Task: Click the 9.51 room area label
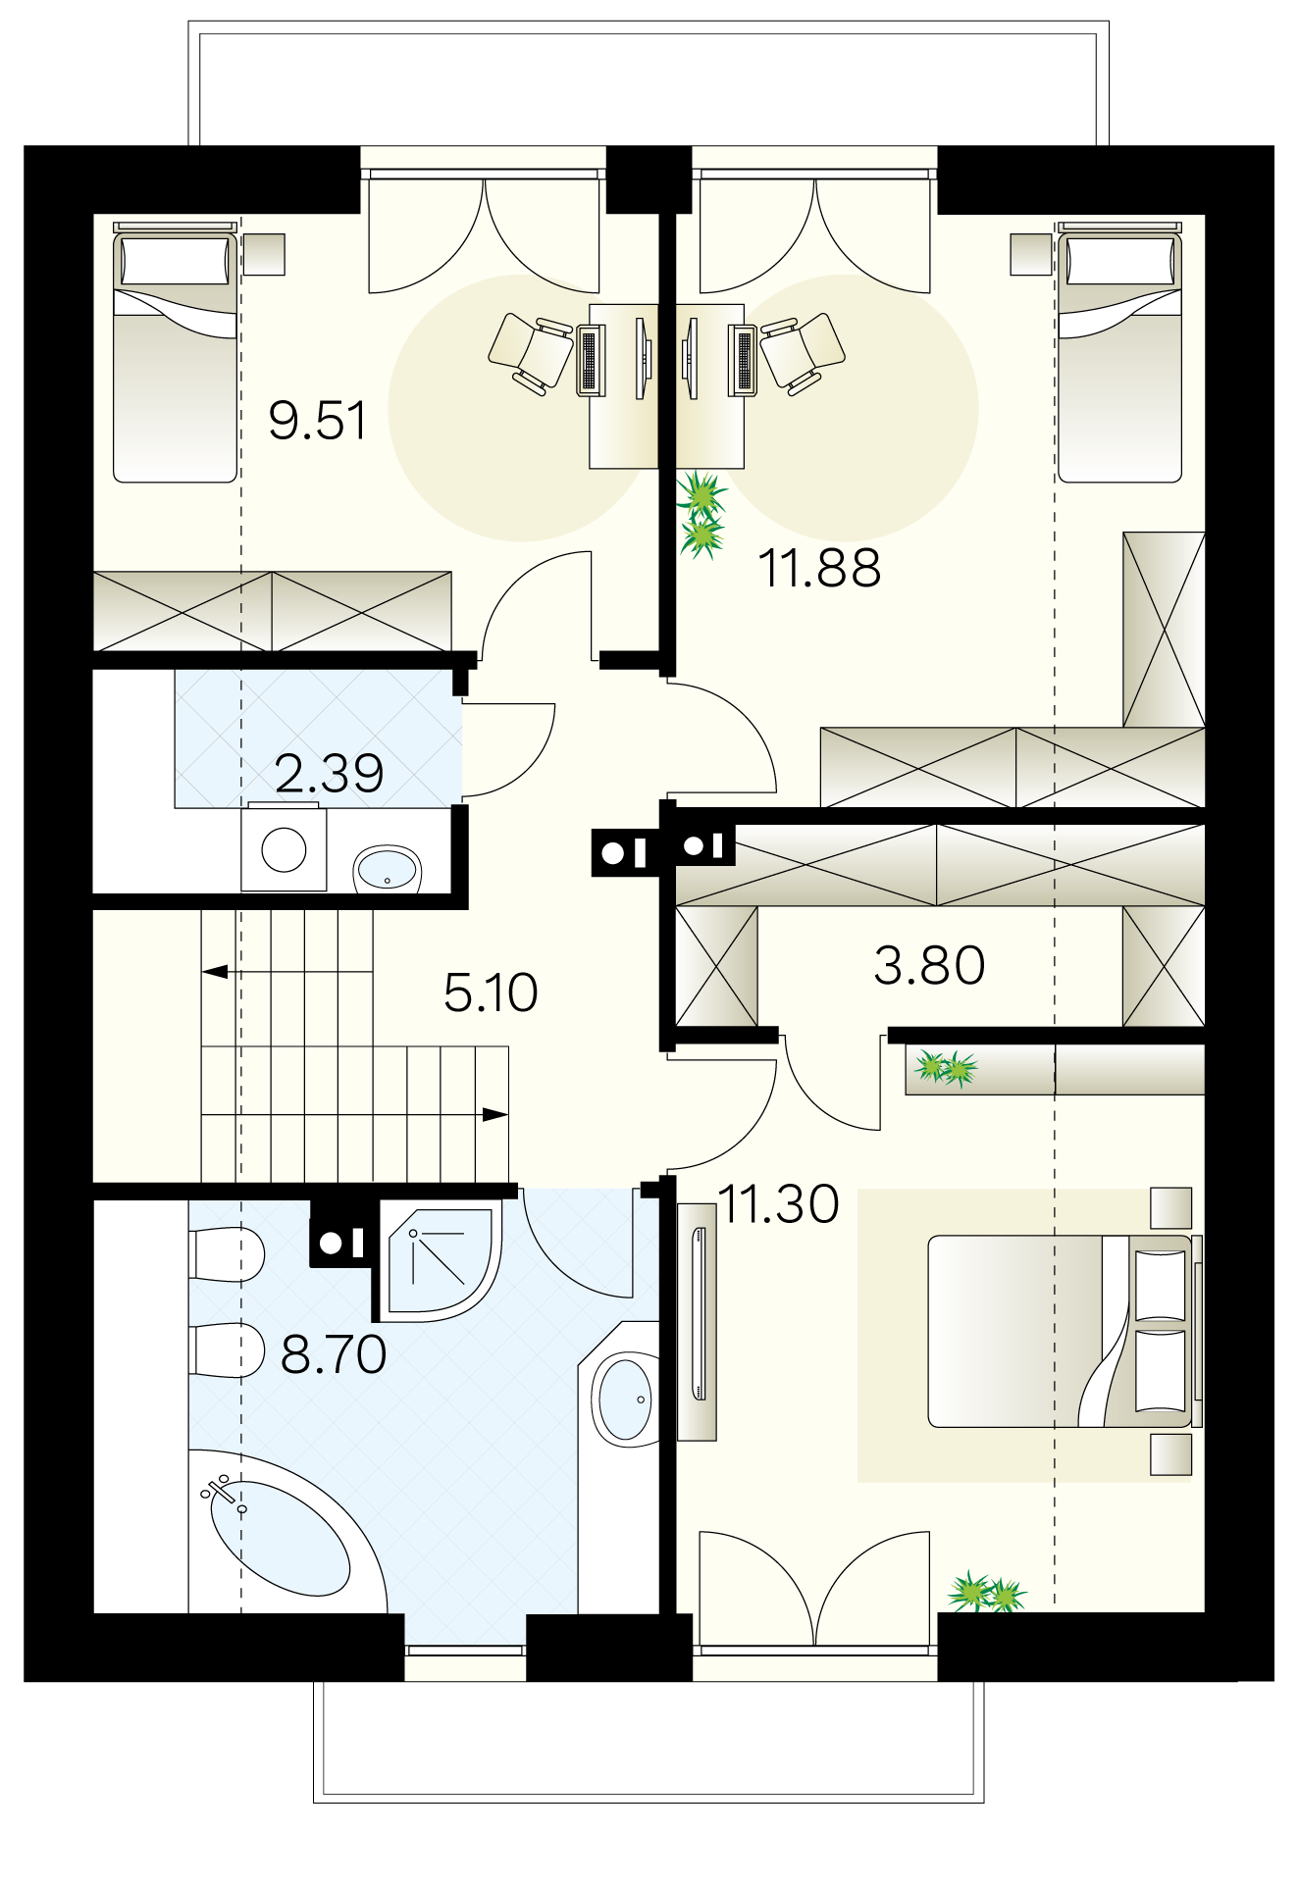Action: point(317,421)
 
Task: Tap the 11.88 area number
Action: point(820,569)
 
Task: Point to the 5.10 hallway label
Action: point(491,992)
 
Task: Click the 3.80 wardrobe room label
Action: point(929,965)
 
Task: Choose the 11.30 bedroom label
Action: point(779,1203)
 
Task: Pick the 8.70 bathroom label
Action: point(334,1354)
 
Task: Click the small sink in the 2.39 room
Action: point(388,869)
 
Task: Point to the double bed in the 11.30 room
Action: point(1062,1331)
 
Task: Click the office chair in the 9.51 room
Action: point(531,352)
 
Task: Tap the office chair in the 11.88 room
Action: point(803,352)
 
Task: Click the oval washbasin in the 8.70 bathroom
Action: point(625,1399)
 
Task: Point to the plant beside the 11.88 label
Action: point(701,514)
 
